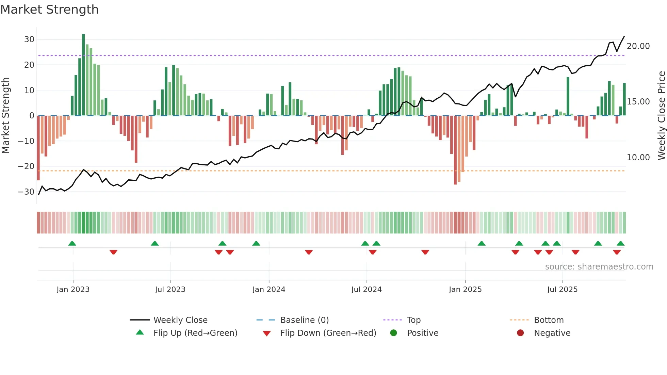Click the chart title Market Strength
(49, 10)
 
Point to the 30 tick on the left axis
(29, 39)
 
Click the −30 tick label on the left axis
(26, 192)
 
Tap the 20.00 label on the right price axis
(638, 46)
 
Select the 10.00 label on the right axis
(638, 158)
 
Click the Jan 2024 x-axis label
(269, 290)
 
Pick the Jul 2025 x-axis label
(562, 290)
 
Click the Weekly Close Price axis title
(661, 116)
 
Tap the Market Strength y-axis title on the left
(5, 116)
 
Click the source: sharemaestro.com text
(599, 267)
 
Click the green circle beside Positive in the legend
(394, 333)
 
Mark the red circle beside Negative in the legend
(520, 333)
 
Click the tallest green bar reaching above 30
(83, 75)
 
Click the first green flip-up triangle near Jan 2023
(72, 243)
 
